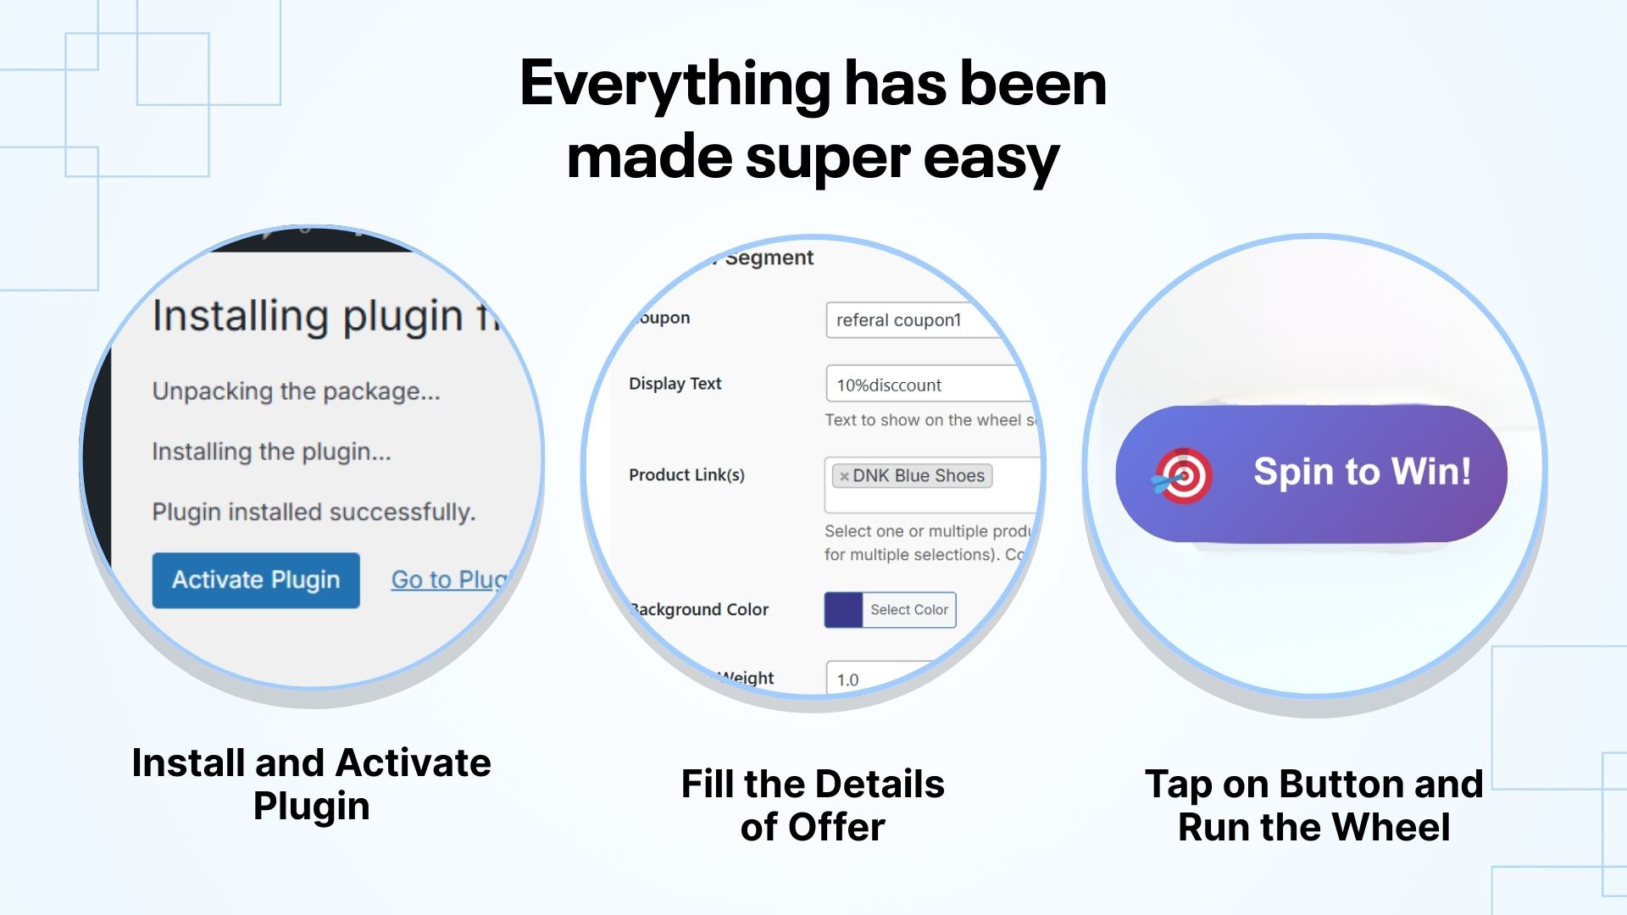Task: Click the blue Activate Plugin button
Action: click(x=256, y=580)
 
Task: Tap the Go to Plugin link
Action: click(x=447, y=580)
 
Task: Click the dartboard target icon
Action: click(x=1184, y=476)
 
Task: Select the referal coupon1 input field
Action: click(x=911, y=320)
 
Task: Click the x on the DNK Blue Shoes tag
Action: click(x=844, y=477)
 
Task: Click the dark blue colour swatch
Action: click(x=843, y=610)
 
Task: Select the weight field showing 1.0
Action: click(x=873, y=679)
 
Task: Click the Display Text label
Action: click(x=675, y=384)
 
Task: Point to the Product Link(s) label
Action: click(x=686, y=475)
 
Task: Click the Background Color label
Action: click(x=700, y=610)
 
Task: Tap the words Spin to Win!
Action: click(x=1362, y=472)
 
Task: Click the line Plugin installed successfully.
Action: click(x=314, y=513)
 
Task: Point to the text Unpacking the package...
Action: click(x=296, y=391)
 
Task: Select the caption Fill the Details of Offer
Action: click(x=813, y=805)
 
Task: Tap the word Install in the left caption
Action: click(x=188, y=763)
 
